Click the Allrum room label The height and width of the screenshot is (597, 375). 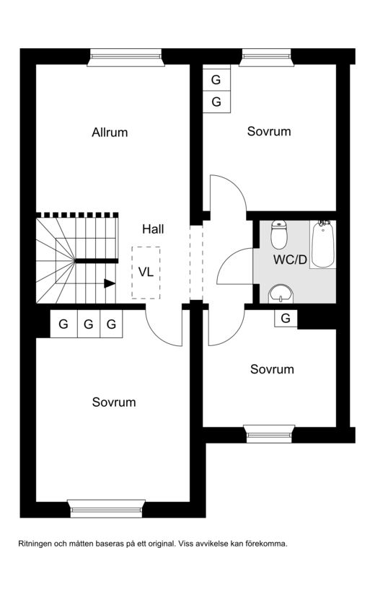click(x=110, y=133)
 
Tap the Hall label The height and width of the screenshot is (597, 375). click(x=153, y=229)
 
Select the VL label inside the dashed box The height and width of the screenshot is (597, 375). click(x=146, y=272)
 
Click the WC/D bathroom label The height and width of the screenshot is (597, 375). click(x=290, y=260)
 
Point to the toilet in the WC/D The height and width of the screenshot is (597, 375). click(x=278, y=234)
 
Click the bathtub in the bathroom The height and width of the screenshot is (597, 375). click(x=323, y=244)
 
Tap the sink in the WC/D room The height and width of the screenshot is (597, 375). click(x=281, y=293)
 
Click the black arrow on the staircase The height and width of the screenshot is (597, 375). click(x=110, y=283)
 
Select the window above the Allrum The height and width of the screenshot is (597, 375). click(x=125, y=58)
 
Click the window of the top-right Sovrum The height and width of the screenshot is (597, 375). click(x=267, y=58)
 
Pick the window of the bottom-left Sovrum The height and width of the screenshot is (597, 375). click(x=107, y=508)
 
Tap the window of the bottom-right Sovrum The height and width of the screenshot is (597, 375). click(x=269, y=433)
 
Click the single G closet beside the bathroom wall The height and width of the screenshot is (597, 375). click(x=286, y=318)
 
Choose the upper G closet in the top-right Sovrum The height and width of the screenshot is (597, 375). click(x=216, y=80)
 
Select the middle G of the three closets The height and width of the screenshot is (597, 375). click(x=89, y=324)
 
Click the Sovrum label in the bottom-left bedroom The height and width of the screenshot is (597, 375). click(x=114, y=402)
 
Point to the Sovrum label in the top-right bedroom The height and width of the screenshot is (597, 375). click(x=269, y=131)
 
